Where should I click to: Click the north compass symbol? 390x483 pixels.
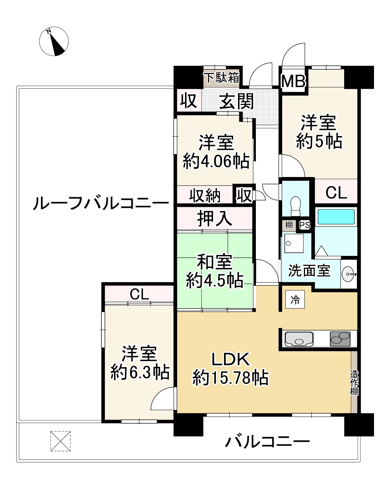(x=54, y=42)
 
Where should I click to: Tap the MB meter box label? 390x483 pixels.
(x=294, y=81)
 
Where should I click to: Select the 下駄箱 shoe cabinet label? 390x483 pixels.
(x=221, y=77)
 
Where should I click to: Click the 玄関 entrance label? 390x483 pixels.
(x=236, y=102)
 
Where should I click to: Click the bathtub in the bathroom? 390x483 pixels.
(x=336, y=217)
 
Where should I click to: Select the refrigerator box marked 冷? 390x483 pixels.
(x=295, y=300)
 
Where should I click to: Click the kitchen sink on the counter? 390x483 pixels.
(x=299, y=339)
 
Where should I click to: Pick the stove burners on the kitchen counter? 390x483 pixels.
(x=340, y=339)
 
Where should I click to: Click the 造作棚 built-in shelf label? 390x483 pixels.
(x=354, y=383)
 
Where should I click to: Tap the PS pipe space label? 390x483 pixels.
(x=305, y=225)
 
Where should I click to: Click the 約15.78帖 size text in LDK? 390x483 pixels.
(x=230, y=377)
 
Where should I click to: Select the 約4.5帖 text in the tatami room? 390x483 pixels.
(x=215, y=280)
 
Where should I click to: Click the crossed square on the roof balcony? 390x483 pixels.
(x=60, y=441)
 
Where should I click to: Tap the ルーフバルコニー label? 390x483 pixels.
(x=101, y=204)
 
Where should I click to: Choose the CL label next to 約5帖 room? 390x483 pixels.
(x=336, y=193)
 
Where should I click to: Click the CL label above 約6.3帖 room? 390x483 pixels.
(x=139, y=294)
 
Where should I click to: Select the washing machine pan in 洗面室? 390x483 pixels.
(x=294, y=243)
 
